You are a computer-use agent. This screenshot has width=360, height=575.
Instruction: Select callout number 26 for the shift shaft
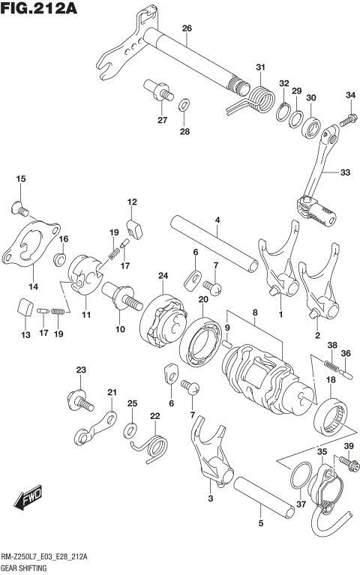(187, 29)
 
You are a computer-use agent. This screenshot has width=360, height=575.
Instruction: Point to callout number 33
(344, 172)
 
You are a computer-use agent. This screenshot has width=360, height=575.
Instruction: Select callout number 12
(132, 202)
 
